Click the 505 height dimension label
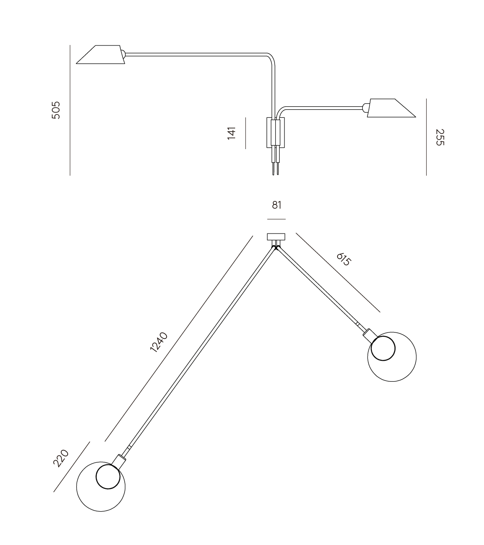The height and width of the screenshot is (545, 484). pos(56,110)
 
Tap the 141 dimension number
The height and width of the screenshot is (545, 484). pos(232,133)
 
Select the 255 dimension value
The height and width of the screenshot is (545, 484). pos(439,137)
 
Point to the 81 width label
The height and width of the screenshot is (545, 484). pos(277,205)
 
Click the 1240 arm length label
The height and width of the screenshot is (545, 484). pos(158,342)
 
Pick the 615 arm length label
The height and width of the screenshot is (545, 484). pos(344,260)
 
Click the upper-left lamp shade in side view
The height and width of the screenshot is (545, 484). pos(101,54)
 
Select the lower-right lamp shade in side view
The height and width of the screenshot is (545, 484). pos(391,108)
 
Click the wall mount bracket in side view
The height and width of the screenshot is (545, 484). pos(275,132)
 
